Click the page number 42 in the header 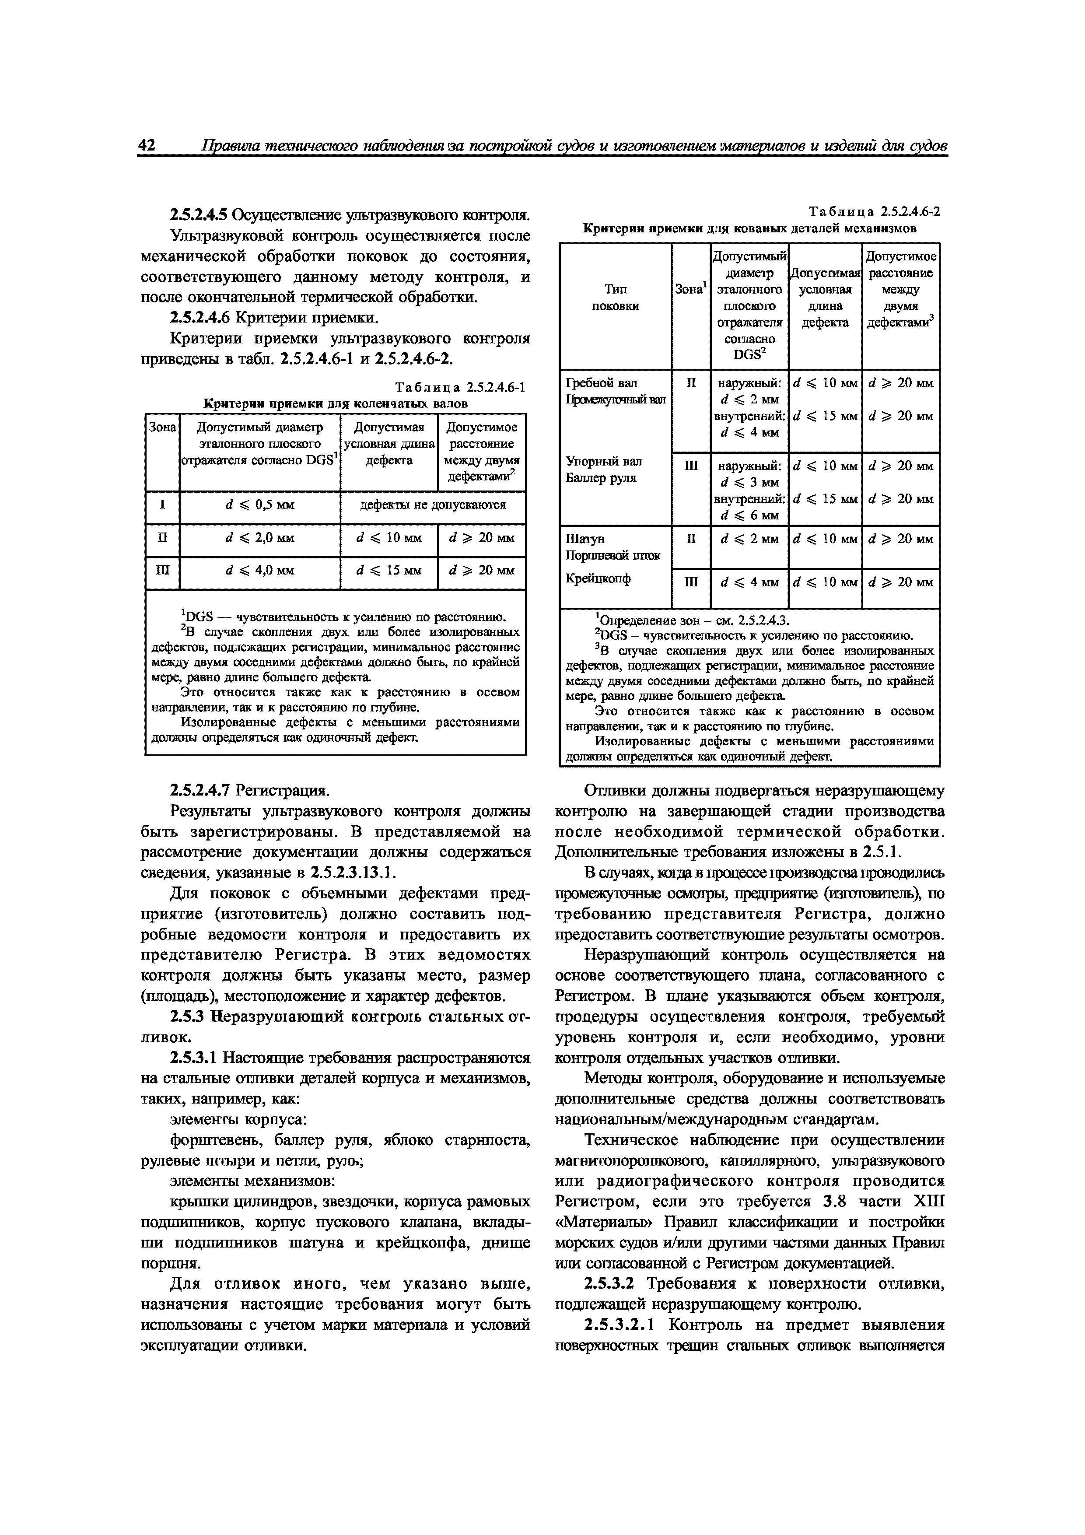point(147,145)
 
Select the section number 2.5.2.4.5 point(199,215)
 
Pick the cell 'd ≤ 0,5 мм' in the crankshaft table point(259,505)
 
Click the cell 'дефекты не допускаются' point(433,505)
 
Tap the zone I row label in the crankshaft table point(162,505)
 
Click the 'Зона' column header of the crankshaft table point(162,427)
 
